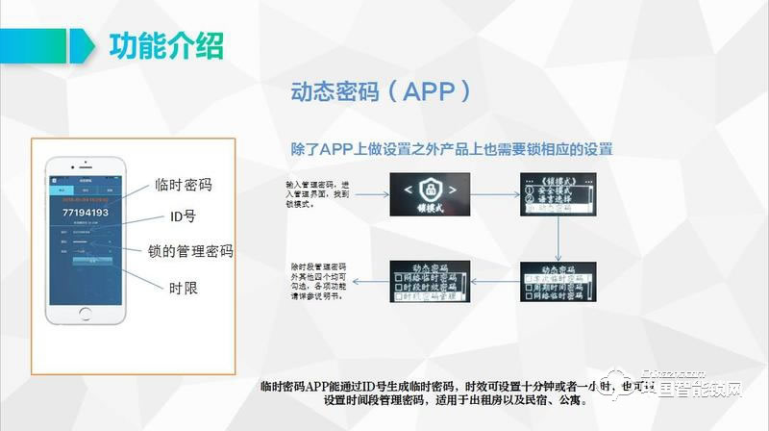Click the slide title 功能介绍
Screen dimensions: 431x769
[166, 46]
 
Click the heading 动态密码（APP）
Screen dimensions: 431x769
[382, 92]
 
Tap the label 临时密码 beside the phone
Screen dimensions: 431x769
[183, 186]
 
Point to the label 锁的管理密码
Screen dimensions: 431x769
[190, 251]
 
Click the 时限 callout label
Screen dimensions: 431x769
[183, 287]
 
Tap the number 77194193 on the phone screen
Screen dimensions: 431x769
[85, 213]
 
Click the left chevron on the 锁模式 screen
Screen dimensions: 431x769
[408, 189]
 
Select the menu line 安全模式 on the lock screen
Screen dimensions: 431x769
[558, 190]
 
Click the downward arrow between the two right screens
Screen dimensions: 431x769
[558, 237]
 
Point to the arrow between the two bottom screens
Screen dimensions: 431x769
[499, 282]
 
